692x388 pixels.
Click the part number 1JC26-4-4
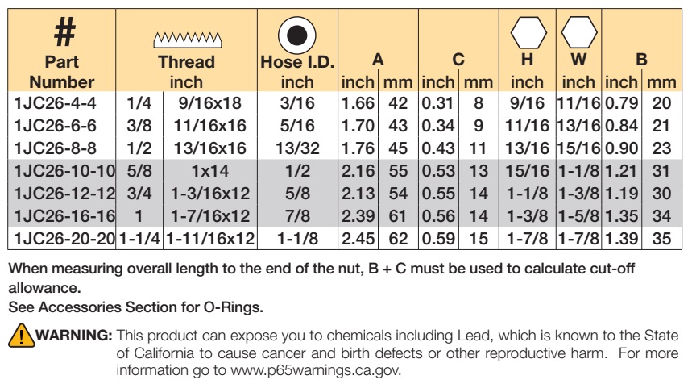click(x=55, y=103)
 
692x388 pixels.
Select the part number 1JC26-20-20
click(x=64, y=239)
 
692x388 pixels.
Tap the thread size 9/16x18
click(x=210, y=103)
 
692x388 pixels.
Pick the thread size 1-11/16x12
click(x=210, y=239)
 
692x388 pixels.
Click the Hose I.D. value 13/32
click(x=297, y=148)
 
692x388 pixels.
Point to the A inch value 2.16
click(x=358, y=171)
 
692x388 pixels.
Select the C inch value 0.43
click(x=438, y=148)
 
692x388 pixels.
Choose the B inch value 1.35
click(x=621, y=216)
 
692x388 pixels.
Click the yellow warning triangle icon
click(x=21, y=336)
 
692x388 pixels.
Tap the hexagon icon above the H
click(x=528, y=32)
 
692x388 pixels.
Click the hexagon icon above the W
click(x=579, y=32)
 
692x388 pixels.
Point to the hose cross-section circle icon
click(x=297, y=35)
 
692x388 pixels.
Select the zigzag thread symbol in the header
click(x=188, y=40)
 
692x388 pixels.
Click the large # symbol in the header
click(x=65, y=31)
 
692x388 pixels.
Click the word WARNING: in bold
click(x=74, y=335)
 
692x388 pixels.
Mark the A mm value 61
click(x=398, y=216)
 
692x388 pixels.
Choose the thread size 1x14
click(x=210, y=171)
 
